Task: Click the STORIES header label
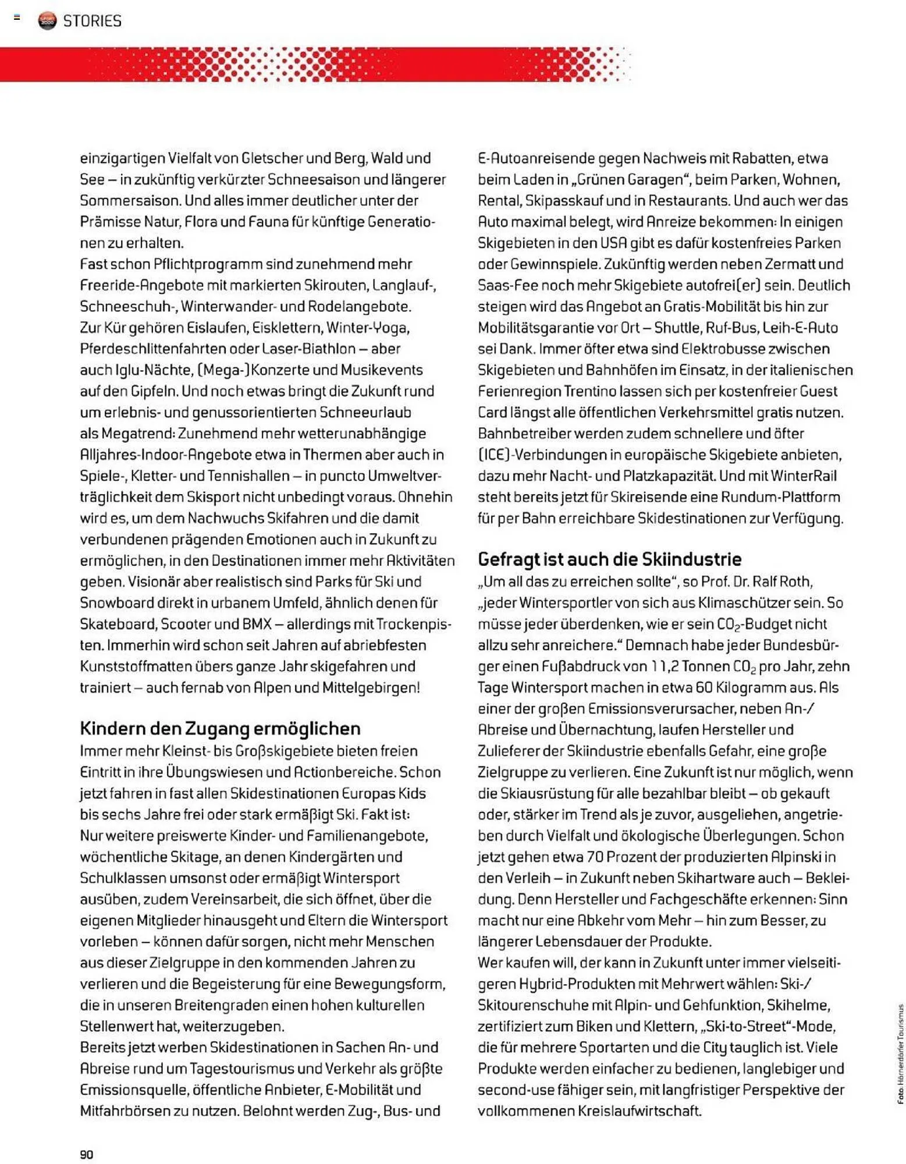[x=92, y=21]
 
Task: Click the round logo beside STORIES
[x=47, y=21]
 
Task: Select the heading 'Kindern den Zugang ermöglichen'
[x=220, y=728]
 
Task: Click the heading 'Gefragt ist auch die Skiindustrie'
[x=609, y=559]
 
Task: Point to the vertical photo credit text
[x=900, y=1053]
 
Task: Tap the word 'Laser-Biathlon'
[x=308, y=349]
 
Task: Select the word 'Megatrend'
[x=137, y=433]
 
